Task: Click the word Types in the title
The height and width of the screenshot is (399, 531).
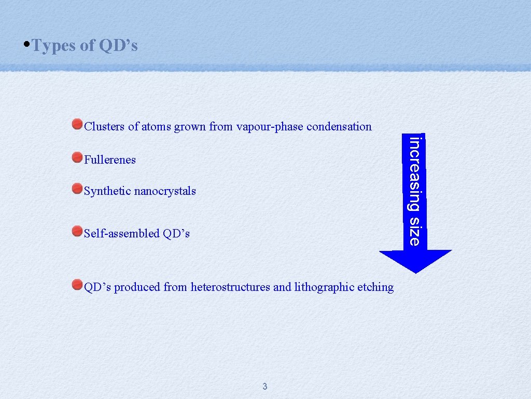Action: click(54, 46)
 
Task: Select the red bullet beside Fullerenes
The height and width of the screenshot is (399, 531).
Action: click(77, 156)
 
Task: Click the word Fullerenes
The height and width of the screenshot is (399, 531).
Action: click(110, 160)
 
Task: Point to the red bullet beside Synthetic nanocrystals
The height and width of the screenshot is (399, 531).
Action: click(77, 188)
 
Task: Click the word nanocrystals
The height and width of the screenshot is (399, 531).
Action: click(165, 191)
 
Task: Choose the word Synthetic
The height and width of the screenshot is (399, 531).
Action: click(107, 191)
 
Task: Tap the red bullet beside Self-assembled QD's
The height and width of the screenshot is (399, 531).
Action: click(77, 230)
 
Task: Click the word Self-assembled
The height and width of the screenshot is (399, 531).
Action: click(122, 234)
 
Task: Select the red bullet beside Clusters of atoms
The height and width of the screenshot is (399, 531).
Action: click(77, 124)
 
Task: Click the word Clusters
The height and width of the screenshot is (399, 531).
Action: click(104, 126)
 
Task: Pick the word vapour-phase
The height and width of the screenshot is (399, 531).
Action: click(270, 127)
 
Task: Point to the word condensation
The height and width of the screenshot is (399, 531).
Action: click(339, 126)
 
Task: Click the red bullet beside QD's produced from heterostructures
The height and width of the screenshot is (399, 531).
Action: click(77, 284)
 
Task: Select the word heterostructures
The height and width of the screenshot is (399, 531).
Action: click(230, 287)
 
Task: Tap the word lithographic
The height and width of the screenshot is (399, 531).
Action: click(325, 287)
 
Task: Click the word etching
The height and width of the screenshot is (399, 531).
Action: click(375, 287)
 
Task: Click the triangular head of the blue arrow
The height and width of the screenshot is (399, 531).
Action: click(415, 260)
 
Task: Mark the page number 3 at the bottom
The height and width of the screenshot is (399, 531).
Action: click(265, 386)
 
